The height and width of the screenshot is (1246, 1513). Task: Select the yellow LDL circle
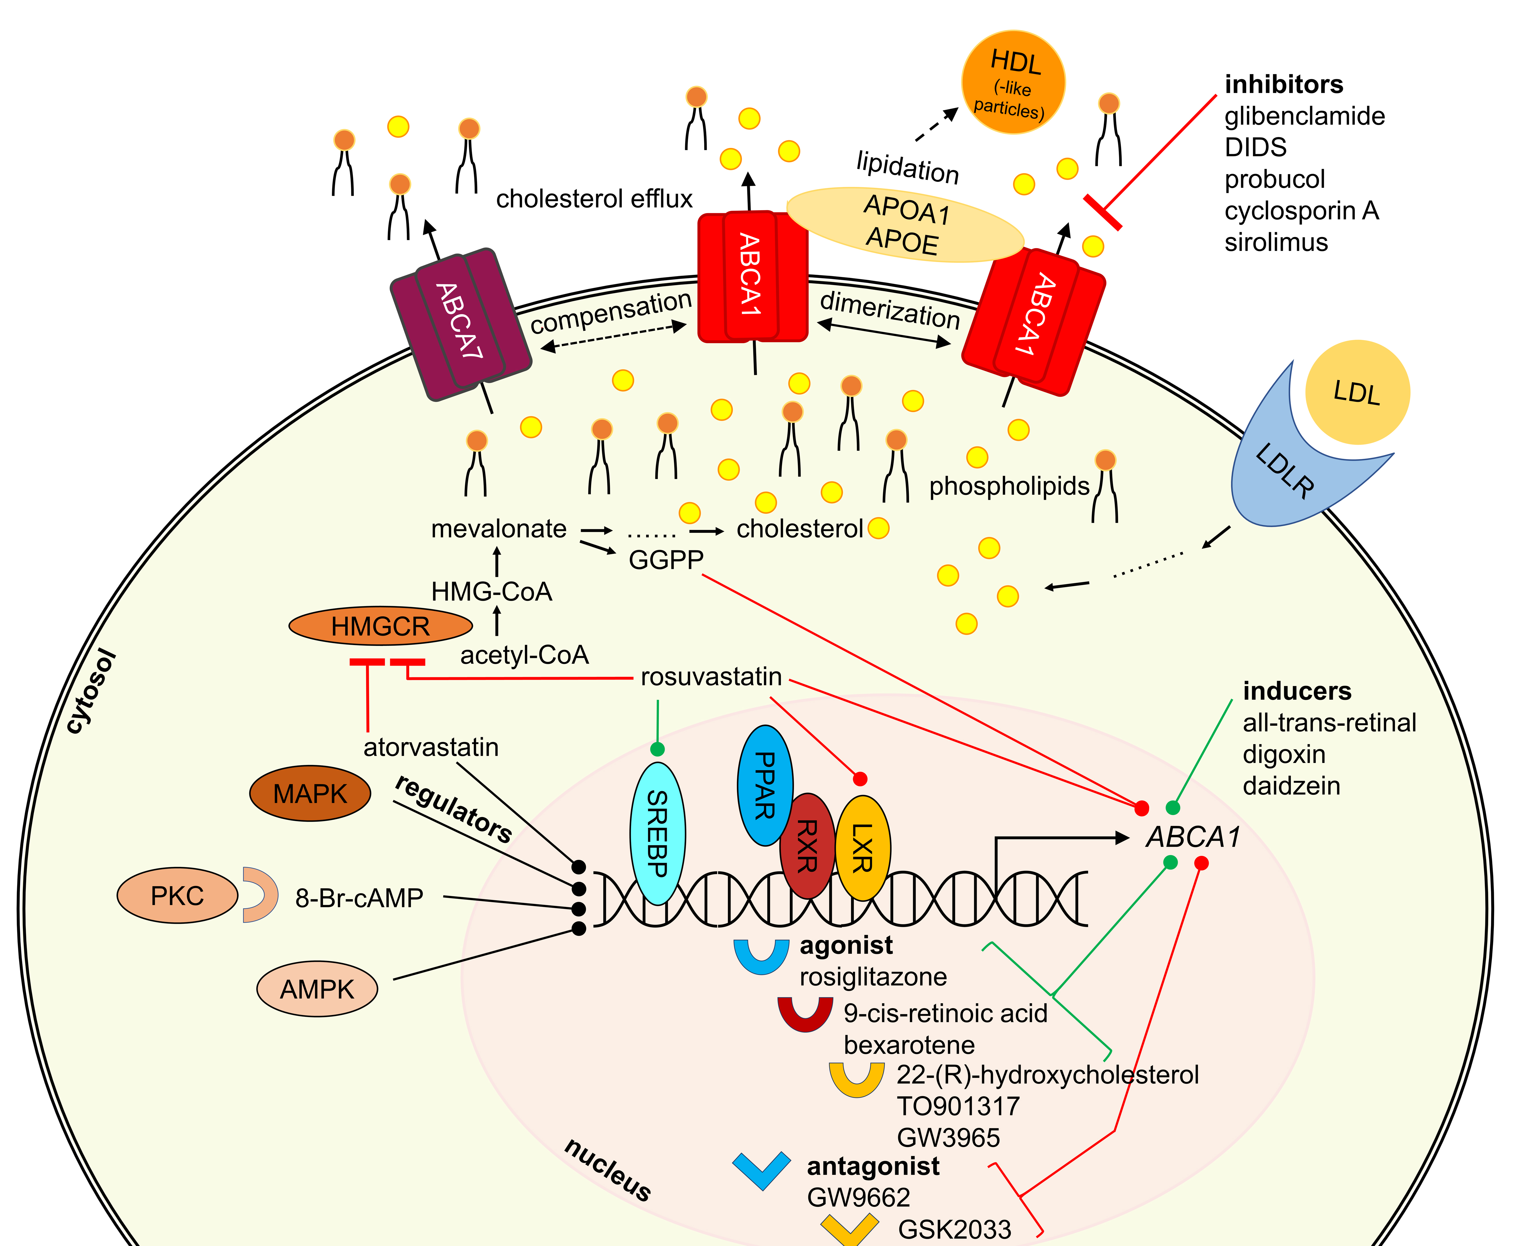point(1356,392)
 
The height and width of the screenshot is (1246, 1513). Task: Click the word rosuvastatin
point(711,676)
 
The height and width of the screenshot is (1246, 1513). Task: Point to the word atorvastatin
point(431,747)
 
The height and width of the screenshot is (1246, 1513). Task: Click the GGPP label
point(666,559)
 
